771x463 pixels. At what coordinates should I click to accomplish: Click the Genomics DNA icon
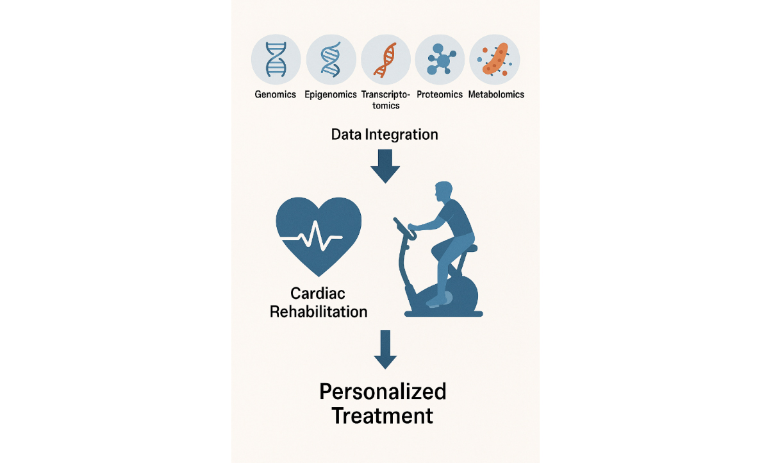[276, 59]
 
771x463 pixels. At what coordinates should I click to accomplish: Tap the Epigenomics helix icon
[331, 59]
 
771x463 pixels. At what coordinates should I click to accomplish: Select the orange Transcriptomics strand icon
[386, 60]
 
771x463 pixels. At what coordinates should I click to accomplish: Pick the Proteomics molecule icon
[440, 59]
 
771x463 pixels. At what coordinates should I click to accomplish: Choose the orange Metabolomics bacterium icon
[495, 59]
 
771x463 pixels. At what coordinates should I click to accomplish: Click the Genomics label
[276, 94]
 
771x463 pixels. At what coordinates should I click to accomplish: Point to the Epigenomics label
[331, 94]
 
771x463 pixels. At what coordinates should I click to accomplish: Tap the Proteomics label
[440, 94]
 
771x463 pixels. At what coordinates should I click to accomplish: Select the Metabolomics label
[496, 94]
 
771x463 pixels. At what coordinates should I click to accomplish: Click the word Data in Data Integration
[346, 135]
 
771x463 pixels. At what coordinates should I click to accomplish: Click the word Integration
[401, 135]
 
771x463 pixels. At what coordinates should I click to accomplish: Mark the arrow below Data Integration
[385, 166]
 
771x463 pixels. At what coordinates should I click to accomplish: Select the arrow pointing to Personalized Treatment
[385, 349]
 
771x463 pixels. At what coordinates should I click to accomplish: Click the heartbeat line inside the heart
[311, 237]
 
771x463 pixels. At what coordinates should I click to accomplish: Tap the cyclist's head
[444, 192]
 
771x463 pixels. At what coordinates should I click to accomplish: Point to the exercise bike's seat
[468, 248]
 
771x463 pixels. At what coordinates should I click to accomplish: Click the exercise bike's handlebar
[405, 228]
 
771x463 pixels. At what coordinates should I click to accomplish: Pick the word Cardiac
[318, 294]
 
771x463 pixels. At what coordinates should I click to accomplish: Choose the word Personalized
[383, 392]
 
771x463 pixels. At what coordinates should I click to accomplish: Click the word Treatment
[383, 416]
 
